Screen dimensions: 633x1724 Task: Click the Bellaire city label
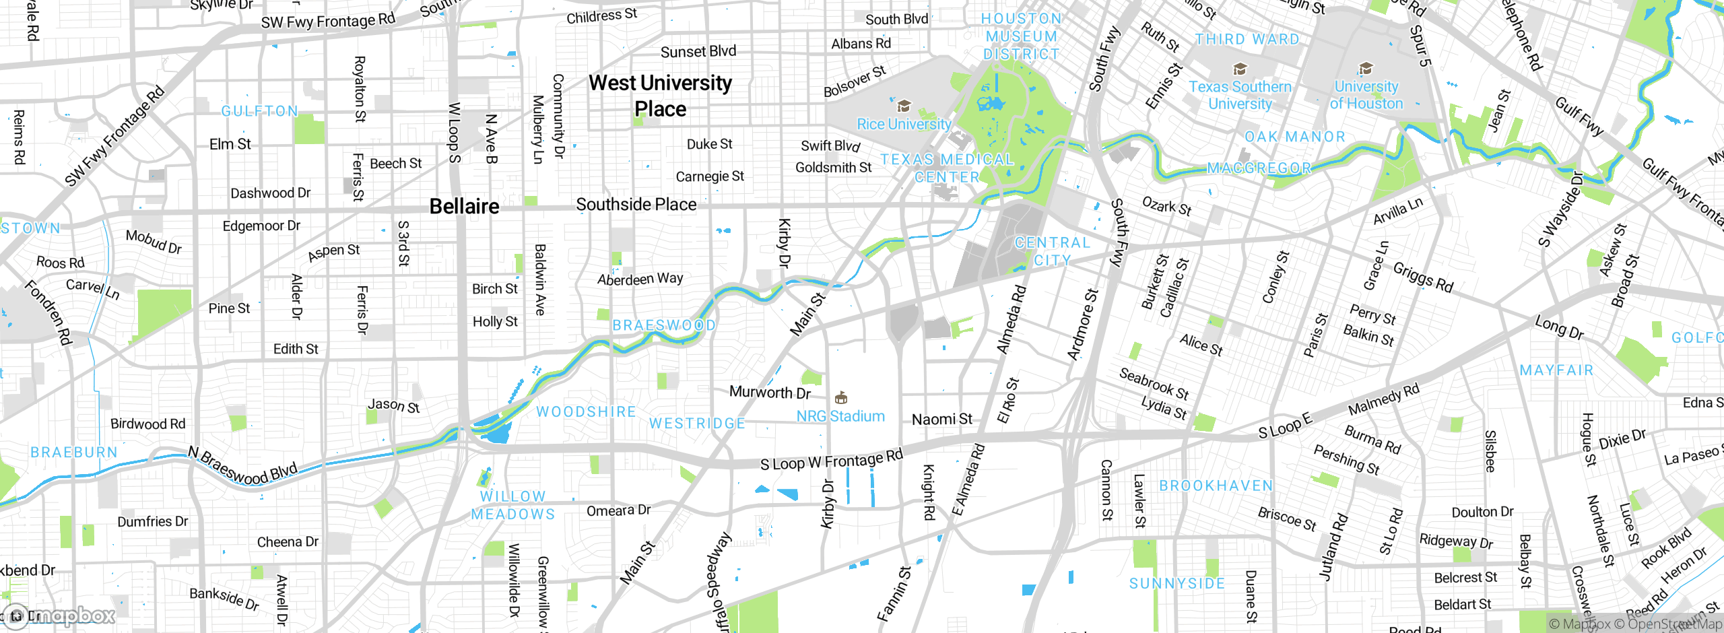point(464,206)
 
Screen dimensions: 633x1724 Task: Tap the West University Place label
point(660,96)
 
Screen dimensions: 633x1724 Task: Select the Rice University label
point(903,124)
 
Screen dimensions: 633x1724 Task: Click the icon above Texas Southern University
point(1239,69)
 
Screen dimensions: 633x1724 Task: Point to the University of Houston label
point(1366,95)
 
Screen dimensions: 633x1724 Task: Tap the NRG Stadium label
point(840,416)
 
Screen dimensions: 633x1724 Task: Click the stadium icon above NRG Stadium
point(840,398)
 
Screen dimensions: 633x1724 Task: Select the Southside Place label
point(636,205)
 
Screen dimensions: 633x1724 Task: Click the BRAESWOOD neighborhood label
point(663,325)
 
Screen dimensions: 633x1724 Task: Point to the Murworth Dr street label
point(770,392)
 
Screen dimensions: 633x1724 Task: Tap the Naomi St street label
point(941,420)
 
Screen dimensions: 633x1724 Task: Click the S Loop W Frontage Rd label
point(831,461)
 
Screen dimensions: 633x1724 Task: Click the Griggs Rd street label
point(1422,277)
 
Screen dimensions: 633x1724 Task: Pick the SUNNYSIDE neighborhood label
point(1176,584)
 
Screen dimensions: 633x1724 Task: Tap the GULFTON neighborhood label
point(259,111)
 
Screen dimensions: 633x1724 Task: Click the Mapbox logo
point(61,615)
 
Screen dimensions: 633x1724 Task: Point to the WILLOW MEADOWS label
point(512,505)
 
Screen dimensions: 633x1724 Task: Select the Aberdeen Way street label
point(640,279)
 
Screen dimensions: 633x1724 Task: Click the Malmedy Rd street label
point(1383,399)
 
